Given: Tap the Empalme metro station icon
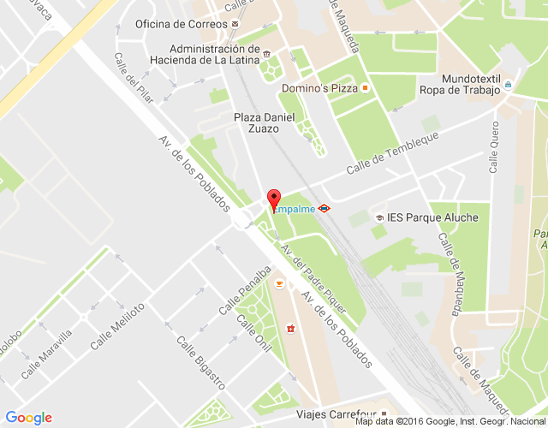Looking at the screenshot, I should [325, 208].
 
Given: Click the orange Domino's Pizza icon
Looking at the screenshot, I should [365, 88].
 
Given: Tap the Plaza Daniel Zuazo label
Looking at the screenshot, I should [256, 122].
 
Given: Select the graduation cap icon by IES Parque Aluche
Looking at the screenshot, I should [378, 218].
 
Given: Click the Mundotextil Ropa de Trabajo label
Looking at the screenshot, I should [459, 83].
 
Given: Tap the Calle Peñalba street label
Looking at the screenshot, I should [238, 296].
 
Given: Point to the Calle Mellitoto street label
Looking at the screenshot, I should [128, 320].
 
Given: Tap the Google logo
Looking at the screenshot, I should [28, 418].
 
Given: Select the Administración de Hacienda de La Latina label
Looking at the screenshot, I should [202, 54].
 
